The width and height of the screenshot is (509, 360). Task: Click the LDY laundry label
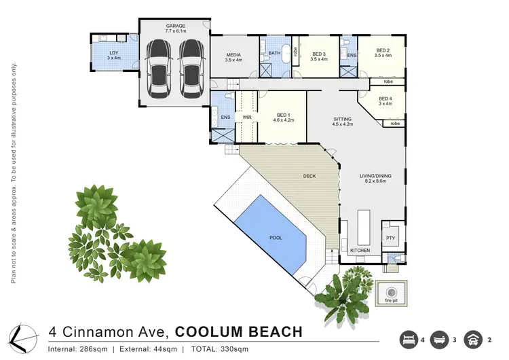(x=113, y=52)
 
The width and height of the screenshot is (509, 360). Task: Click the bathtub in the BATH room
(x=285, y=54)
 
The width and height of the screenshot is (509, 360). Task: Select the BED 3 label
(x=319, y=54)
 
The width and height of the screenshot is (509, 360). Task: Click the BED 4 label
(x=385, y=99)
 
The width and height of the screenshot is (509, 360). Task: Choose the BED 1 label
(x=284, y=115)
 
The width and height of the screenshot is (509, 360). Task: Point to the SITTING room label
(x=343, y=119)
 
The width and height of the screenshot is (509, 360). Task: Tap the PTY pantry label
(x=390, y=238)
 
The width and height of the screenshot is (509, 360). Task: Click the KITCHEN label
(x=360, y=251)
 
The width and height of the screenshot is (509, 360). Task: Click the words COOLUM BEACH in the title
(x=238, y=332)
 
